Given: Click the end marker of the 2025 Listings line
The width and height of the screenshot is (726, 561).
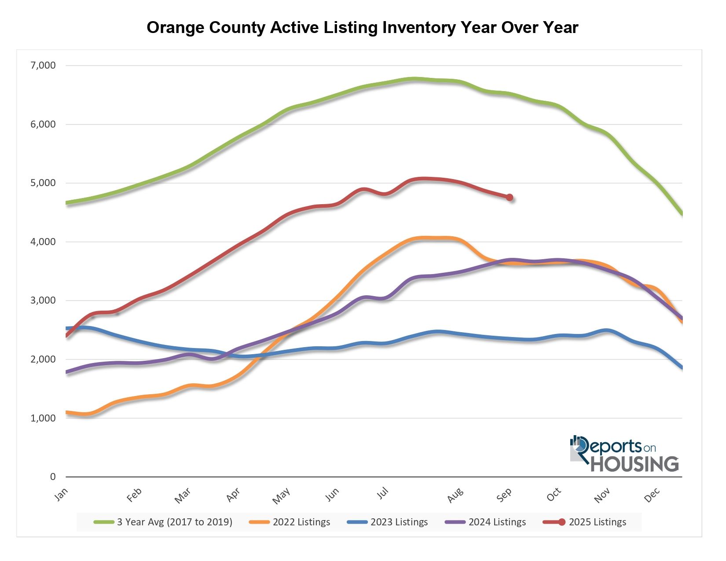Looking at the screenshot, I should [510, 198].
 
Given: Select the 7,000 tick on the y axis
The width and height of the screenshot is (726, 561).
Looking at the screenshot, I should [44, 66].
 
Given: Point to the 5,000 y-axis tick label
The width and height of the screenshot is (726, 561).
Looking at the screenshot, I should [44, 183].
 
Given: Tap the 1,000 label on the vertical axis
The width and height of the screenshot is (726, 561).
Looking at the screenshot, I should [44, 418].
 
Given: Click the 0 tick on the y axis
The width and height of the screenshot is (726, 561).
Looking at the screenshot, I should [53, 477].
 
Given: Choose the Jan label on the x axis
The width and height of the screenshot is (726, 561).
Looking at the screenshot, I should [62, 494].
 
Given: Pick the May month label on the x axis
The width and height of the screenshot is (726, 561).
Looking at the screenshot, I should [281, 496].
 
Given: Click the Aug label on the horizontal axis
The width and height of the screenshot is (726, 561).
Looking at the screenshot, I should [455, 495].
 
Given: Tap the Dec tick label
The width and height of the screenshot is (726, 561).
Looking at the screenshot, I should [653, 495].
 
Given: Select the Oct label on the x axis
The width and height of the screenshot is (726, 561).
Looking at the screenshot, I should [554, 495].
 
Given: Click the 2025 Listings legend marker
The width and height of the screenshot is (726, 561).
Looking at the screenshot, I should [561, 522].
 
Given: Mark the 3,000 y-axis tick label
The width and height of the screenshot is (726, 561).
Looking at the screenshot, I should [44, 301].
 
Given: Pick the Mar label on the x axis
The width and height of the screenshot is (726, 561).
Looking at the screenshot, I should [183, 495].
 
